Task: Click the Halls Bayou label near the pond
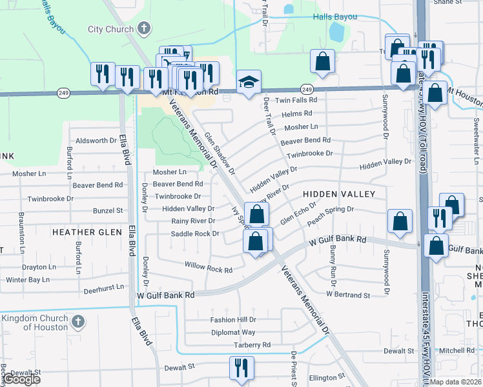(x=335, y=16)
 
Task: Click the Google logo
(x=22, y=379)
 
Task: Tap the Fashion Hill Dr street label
(x=233, y=320)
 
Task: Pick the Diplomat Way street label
(x=233, y=333)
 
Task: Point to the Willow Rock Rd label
(x=208, y=268)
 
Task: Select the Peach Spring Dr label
(x=331, y=210)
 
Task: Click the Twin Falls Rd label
(x=296, y=101)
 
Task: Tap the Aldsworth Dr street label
(x=96, y=140)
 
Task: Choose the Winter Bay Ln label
(x=28, y=280)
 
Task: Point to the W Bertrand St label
(x=348, y=294)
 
